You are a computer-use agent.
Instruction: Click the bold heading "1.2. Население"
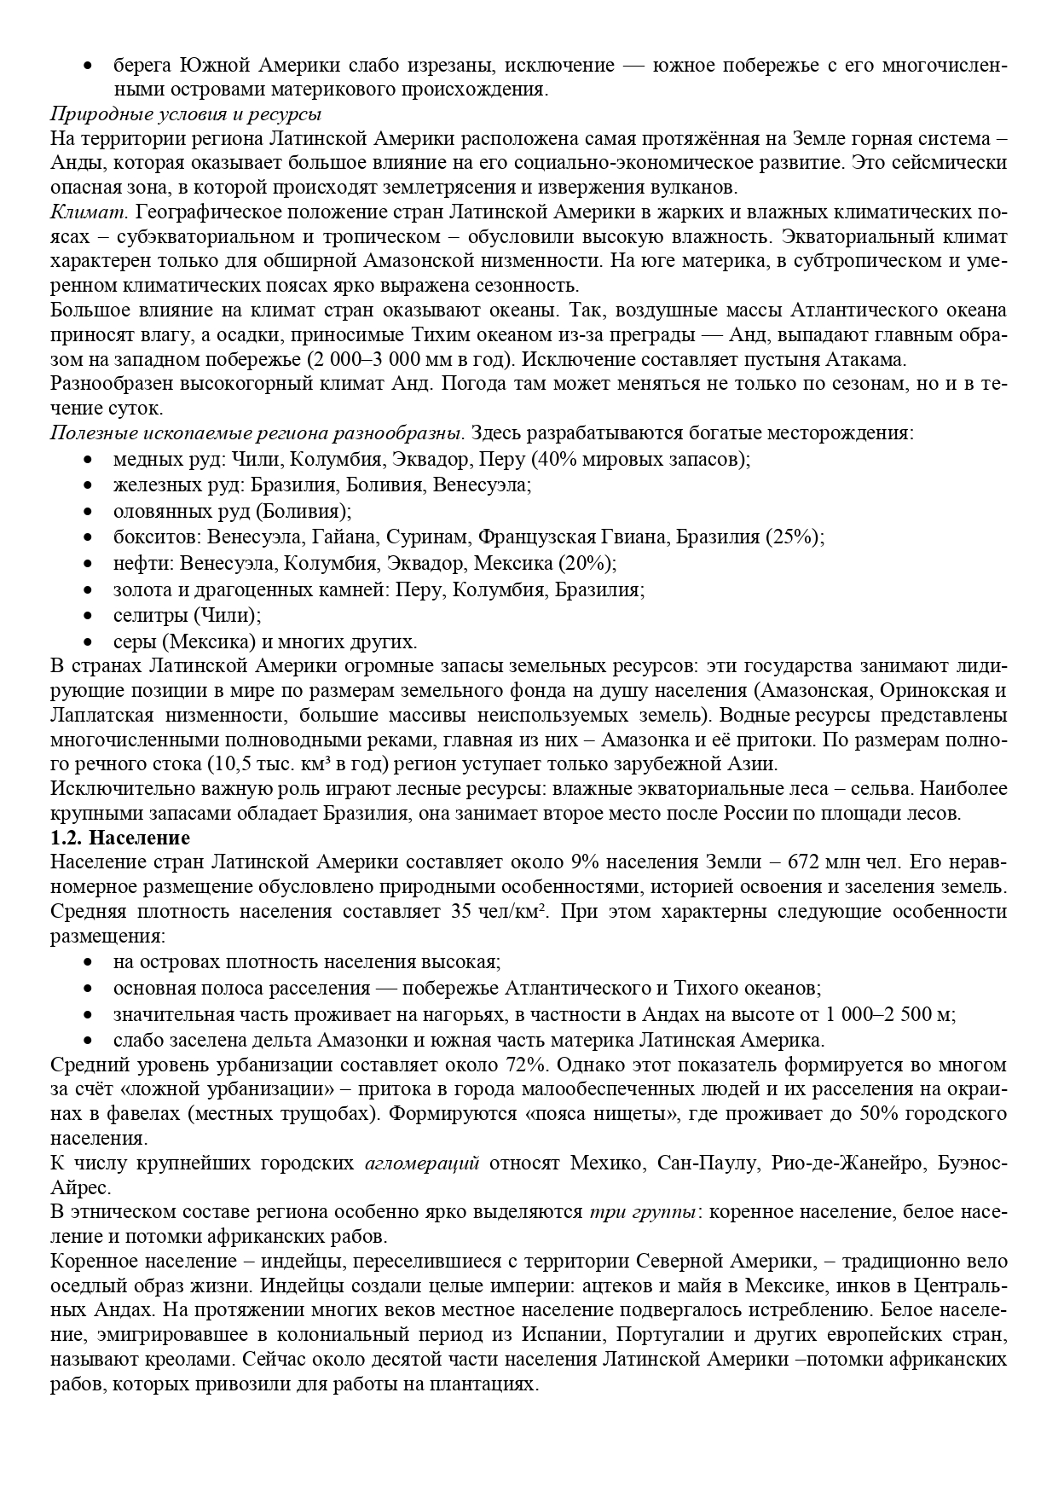(x=119, y=838)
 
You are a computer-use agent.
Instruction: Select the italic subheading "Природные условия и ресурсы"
(x=185, y=114)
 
